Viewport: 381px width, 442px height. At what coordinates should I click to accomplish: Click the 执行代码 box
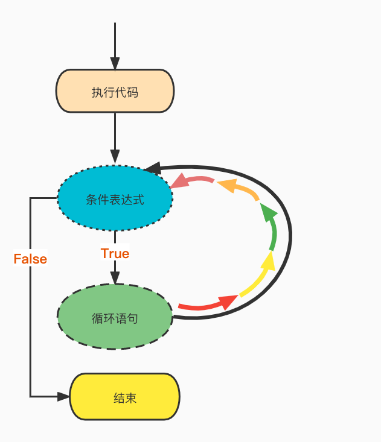pyautogui.click(x=115, y=91)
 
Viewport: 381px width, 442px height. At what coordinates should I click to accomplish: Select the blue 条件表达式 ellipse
pyautogui.click(x=115, y=198)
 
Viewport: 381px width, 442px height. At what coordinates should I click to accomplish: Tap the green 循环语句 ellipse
pyautogui.click(x=115, y=317)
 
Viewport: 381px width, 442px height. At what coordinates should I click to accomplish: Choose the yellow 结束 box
pyautogui.click(x=125, y=397)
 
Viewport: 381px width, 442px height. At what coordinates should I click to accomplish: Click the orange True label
pyautogui.click(x=115, y=253)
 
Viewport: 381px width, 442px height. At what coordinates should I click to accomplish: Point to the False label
pyautogui.click(x=30, y=259)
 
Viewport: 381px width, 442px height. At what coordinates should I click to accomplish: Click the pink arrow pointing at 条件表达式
pyautogui.click(x=190, y=180)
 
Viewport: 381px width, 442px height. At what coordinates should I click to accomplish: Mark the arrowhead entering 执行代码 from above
pyautogui.click(x=115, y=64)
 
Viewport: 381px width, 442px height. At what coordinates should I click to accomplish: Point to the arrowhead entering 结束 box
pyautogui.click(x=64, y=396)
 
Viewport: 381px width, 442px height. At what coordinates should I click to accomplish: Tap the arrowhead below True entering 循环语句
pyautogui.click(x=115, y=277)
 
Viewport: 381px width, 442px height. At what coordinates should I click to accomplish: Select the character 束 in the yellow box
pyautogui.click(x=131, y=398)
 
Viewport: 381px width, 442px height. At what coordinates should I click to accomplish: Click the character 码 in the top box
pyautogui.click(x=132, y=92)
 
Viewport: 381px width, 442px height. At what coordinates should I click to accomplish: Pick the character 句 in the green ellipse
pyautogui.click(x=132, y=318)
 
